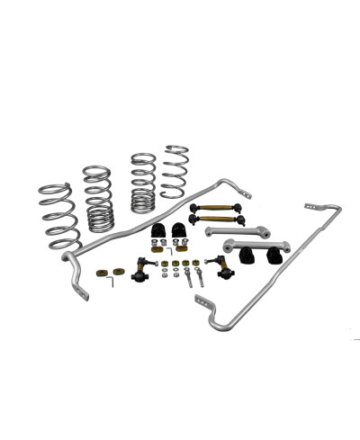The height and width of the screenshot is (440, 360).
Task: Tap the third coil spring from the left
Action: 143,184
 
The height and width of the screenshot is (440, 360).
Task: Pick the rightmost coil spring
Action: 175,172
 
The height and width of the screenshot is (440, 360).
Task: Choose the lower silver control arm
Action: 256,247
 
